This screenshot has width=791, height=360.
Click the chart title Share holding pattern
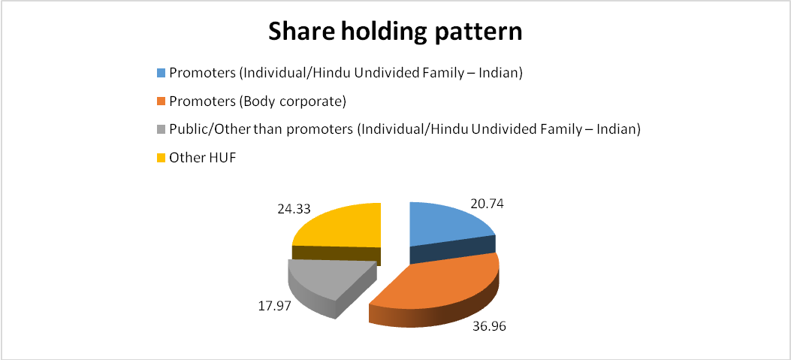coord(395,33)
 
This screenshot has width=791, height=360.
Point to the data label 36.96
coord(489,326)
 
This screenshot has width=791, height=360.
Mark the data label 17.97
coord(274,307)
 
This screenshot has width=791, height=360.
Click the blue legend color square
coord(161,73)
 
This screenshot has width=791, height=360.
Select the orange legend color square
coord(161,101)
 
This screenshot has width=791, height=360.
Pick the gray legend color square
coord(161,130)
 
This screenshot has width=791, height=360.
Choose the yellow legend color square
coord(161,158)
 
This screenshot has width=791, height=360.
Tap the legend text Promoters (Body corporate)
coord(258,101)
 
